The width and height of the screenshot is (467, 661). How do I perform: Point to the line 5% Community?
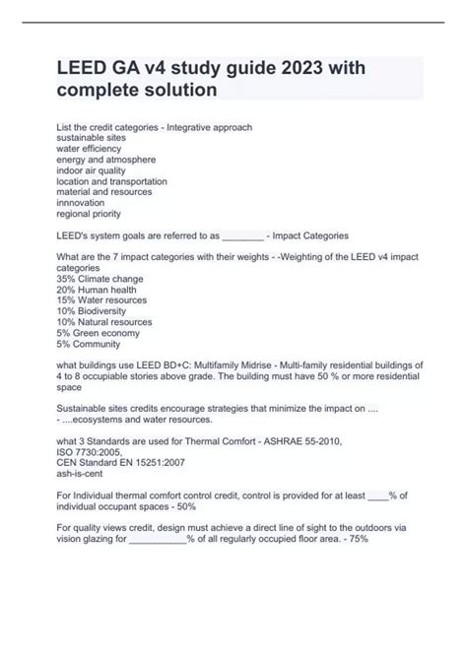pos(88,344)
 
